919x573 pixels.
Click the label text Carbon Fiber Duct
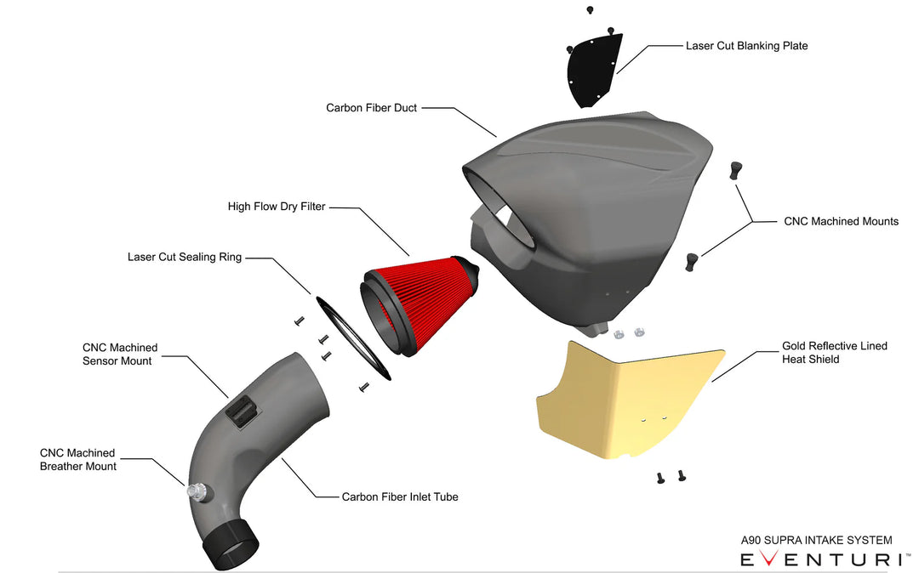[371, 108]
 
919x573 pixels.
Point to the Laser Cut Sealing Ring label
[185, 257]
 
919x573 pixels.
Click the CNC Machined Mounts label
[841, 221]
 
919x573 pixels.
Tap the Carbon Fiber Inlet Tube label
[400, 496]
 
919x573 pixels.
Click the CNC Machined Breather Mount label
[77, 459]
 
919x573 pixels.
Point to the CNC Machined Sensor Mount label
[119, 355]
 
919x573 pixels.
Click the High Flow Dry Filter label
[277, 207]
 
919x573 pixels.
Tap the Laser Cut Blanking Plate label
[746, 45]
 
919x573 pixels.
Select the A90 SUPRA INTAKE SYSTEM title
[816, 540]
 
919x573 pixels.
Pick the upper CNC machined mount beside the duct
[734, 170]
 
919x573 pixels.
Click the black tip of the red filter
[471, 270]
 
